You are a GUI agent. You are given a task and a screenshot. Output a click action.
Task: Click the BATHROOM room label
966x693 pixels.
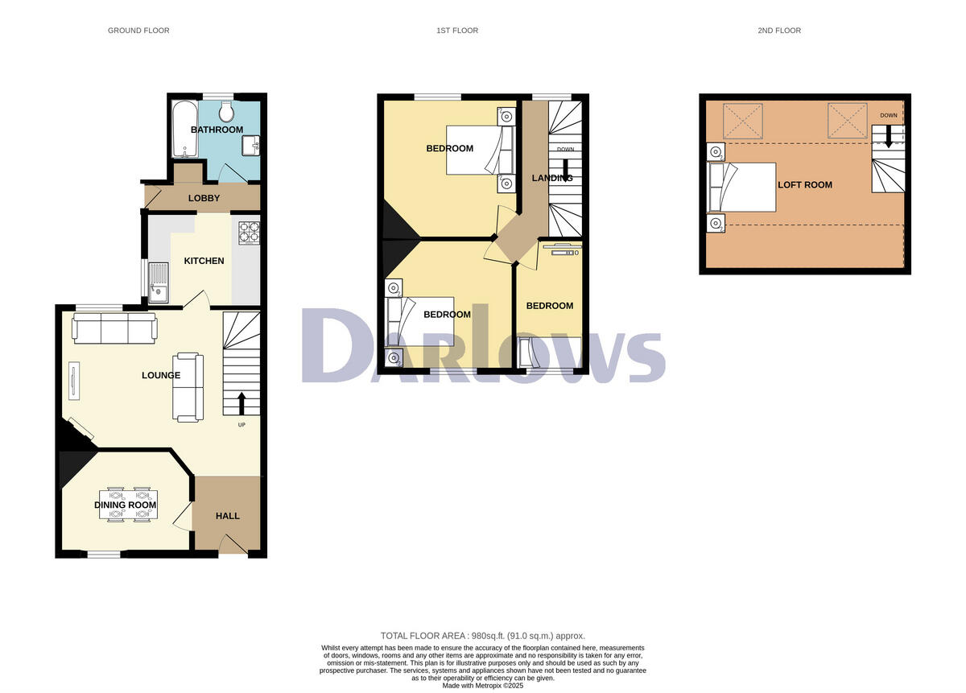click(217, 130)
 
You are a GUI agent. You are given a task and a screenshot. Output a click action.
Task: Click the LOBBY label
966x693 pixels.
click(204, 198)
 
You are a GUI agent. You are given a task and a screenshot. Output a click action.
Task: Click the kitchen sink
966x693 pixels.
click(157, 283)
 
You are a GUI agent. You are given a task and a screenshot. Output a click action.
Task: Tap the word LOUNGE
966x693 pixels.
click(161, 375)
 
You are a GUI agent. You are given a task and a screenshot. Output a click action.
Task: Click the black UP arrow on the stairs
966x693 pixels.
click(242, 402)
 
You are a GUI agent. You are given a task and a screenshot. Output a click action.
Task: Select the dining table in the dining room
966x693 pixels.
click(128, 505)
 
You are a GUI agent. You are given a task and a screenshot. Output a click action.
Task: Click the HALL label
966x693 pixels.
click(228, 516)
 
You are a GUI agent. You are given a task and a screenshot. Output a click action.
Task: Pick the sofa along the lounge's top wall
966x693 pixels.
click(114, 327)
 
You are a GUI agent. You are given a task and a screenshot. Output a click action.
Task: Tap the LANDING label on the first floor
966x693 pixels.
click(552, 178)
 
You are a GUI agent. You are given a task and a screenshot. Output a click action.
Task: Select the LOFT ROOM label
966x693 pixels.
click(805, 184)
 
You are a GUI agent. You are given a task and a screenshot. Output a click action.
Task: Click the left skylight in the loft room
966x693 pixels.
click(742, 121)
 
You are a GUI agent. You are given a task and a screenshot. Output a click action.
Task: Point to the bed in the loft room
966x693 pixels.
click(741, 187)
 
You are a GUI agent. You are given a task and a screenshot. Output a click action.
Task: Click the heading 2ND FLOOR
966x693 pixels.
click(779, 31)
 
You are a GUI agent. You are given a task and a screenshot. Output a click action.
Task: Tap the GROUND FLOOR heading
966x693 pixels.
click(138, 31)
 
